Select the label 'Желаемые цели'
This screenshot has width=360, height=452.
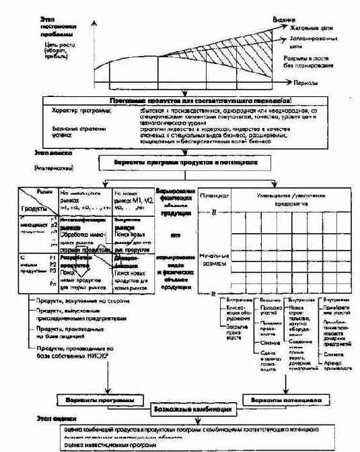(x=311, y=29)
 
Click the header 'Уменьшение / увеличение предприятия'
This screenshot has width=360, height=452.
(x=289, y=199)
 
